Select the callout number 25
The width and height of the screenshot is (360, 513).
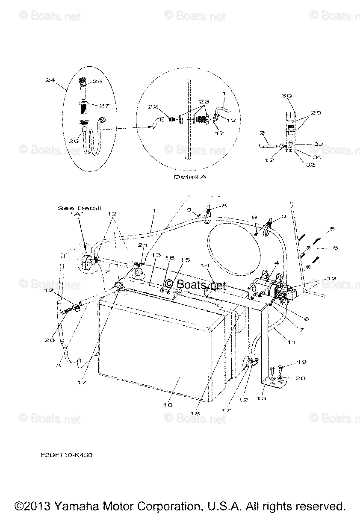point(97,81)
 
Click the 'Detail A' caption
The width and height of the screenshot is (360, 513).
point(190,177)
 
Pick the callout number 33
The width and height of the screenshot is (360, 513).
point(318,144)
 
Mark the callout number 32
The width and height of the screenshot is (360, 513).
point(310,165)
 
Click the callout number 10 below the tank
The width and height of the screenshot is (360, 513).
point(168,404)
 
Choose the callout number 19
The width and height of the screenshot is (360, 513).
point(301,362)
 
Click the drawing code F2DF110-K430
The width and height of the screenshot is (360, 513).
point(63,455)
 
